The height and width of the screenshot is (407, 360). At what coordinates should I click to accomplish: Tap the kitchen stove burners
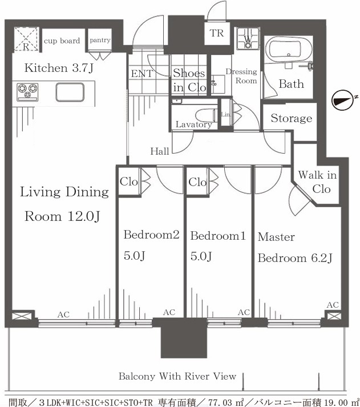pos(27,92)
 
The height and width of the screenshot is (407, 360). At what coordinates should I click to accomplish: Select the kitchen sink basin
pos(70,92)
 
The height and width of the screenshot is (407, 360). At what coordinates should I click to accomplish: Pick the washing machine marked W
pos(248,39)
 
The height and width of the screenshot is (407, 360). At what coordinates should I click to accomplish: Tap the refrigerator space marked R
pos(26,39)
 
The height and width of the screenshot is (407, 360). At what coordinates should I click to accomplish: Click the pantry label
pos(100,40)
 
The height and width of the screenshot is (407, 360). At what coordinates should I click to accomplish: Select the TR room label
pos(217,33)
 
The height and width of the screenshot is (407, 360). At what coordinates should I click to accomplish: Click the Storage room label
pos(292,118)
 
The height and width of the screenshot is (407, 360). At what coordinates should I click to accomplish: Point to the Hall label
pos(160,151)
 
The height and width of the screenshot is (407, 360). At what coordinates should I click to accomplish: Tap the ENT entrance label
pos(142,74)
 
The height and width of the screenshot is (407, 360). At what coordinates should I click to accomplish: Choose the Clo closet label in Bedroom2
pos(128,182)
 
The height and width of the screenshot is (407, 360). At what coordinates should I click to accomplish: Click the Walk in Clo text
pos(318,182)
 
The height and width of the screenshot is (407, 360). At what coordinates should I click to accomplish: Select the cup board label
pos(62,41)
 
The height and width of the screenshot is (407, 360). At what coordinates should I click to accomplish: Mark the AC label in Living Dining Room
pos(63,315)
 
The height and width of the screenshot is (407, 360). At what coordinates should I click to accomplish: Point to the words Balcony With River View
pos(177,376)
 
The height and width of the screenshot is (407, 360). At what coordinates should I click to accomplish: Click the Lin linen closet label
pos(225,114)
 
